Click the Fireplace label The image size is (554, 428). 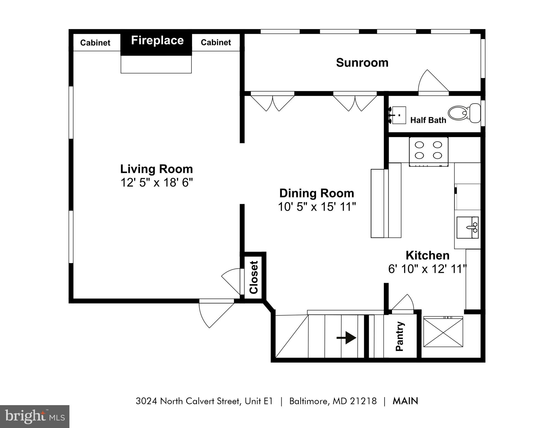coord(157,41)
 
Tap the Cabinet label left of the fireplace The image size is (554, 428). coord(95,43)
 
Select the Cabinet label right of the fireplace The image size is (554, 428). coord(216,42)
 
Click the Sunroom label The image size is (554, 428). coord(362,63)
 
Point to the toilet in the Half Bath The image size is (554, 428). coord(464,113)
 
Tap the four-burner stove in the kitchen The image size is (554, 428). coord(429,151)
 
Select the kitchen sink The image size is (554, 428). coord(468,228)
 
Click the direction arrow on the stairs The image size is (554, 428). coord(346,338)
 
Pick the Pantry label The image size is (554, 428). coord(400,336)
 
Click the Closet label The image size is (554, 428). coord(254,277)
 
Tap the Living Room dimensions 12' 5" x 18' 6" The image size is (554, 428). coord(156,183)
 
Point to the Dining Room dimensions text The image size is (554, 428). coord(317,207)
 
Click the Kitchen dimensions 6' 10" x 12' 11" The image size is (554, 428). coord(427,269)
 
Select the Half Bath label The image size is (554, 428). coord(428,120)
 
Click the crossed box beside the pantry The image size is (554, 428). coord(443,332)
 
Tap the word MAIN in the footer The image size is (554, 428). coord(405,401)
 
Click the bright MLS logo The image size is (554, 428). coord(35,416)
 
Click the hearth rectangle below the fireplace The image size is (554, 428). coord(156,64)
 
